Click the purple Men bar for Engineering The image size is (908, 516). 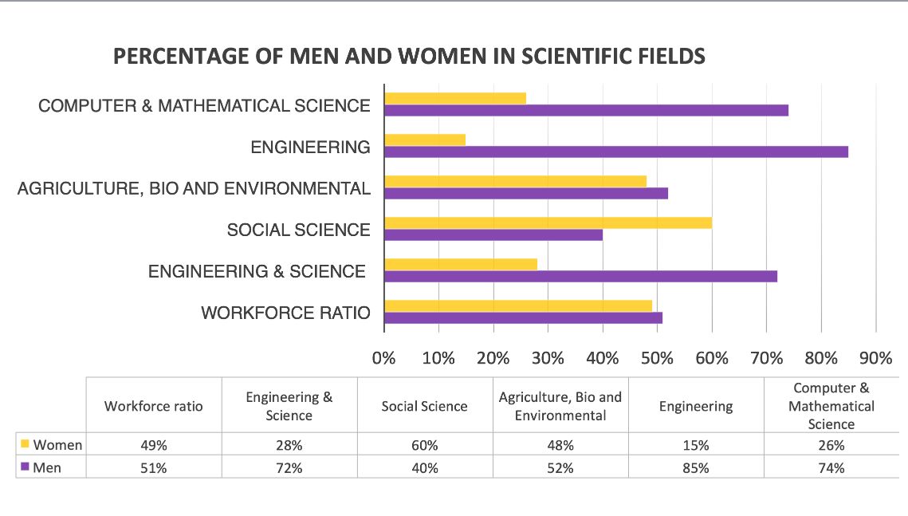615,152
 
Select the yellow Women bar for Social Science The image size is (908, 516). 548,223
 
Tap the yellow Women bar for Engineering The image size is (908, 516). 424,140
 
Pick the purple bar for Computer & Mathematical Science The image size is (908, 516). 586,110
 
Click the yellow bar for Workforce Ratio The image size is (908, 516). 517,305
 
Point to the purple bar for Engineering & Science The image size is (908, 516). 580,276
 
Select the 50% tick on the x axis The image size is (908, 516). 657,358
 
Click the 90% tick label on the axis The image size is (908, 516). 876,358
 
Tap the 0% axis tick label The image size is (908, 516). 384,358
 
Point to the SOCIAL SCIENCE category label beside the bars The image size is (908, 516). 298,230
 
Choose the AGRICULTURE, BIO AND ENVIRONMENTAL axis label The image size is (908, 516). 194,188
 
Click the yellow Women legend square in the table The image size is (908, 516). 25,443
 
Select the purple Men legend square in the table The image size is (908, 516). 25,467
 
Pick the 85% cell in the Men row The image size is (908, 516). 695,468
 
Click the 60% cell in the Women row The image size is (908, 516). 424,444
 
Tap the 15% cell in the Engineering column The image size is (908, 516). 695,444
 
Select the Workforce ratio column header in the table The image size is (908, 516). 153,406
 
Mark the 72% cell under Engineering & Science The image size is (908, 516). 289,468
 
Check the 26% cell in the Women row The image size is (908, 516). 831,444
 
